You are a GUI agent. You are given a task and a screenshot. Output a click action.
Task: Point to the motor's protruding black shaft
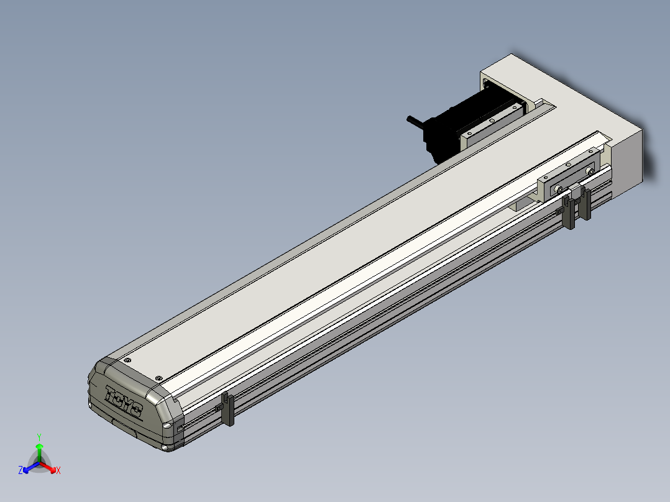415,122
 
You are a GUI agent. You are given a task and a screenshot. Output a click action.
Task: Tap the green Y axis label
39,437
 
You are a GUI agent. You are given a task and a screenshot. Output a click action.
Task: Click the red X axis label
58,470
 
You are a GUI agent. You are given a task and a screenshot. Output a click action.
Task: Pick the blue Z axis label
21,470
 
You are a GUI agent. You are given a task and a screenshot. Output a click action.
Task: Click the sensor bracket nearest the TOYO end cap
227,409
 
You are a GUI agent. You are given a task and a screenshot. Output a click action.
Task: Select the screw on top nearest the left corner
127,360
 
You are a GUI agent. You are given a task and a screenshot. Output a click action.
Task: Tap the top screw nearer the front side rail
158,378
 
